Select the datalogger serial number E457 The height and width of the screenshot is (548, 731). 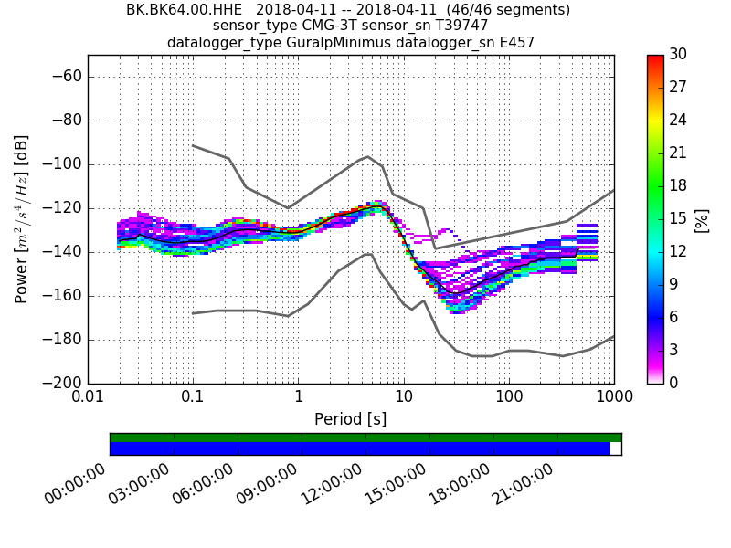tap(515, 42)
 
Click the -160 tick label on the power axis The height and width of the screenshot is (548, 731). tap(62, 296)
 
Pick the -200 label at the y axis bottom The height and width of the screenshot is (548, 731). tap(62, 383)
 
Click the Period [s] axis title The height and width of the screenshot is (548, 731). tap(350, 419)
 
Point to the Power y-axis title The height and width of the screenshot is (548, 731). tap(22, 219)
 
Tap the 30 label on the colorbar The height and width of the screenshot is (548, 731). tap(679, 55)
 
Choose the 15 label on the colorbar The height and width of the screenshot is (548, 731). tap(679, 218)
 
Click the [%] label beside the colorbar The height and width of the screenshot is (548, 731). tap(702, 219)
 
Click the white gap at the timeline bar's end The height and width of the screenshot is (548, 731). tap(616, 448)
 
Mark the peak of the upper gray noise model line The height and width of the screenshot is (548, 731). tap(367, 156)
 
